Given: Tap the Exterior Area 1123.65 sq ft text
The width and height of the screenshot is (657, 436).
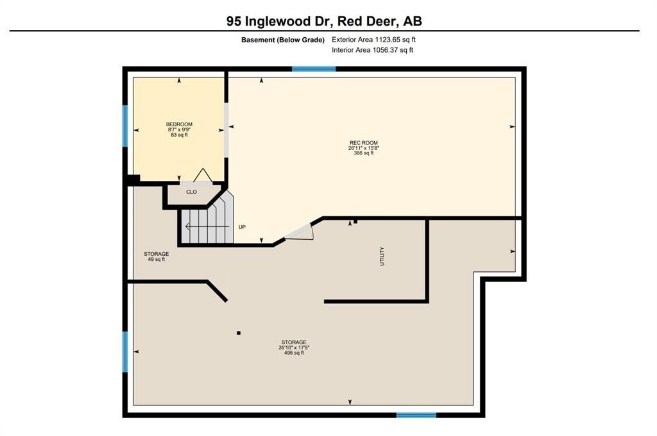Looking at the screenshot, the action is point(374,40).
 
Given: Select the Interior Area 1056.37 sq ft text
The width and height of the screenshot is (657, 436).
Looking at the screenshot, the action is point(373,50).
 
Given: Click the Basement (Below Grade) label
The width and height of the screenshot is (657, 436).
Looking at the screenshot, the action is point(283,40).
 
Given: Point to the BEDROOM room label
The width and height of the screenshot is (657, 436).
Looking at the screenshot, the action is point(180,124).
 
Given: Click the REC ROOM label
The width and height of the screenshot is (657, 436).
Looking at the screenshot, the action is point(364,143).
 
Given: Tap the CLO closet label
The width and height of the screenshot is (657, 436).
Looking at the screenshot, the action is point(191,192).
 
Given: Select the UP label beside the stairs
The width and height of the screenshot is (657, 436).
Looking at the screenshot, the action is point(242,227).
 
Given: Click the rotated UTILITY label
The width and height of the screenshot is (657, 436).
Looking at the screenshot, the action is point(382,256).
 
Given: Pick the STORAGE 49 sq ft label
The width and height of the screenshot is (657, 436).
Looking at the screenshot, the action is point(157,256).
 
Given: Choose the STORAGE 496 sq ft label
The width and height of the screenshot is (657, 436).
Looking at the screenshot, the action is point(294,348).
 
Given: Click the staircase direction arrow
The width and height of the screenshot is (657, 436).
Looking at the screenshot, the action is point(207,226).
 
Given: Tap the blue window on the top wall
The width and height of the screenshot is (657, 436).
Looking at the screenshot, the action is point(314,69).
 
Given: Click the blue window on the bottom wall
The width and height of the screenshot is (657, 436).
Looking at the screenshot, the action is point(416,415).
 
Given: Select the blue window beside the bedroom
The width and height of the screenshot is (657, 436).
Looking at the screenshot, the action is point(125,126).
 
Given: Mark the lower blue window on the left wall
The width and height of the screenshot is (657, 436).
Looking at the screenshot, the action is point(125,352).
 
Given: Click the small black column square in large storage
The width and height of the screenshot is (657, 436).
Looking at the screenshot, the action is point(239,333).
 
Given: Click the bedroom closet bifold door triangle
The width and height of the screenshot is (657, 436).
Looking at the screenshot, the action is point(203,176).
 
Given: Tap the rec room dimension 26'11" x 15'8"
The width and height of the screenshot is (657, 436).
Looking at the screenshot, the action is point(364,148).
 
